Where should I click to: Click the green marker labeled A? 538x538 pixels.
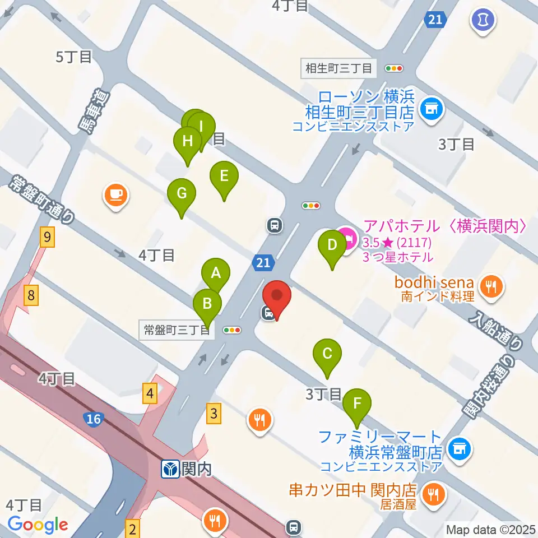point(216,273)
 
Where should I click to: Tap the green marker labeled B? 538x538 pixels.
point(207,304)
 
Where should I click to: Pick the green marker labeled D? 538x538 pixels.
point(332,245)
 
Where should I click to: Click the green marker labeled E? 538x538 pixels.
point(224,177)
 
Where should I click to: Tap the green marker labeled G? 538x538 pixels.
point(182,193)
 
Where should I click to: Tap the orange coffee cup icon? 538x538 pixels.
point(116,195)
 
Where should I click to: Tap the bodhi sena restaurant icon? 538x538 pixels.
point(492,287)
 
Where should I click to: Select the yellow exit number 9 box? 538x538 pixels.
point(48,238)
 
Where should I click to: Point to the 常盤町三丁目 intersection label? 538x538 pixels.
point(176,331)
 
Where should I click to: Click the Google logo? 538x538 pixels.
point(38,525)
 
